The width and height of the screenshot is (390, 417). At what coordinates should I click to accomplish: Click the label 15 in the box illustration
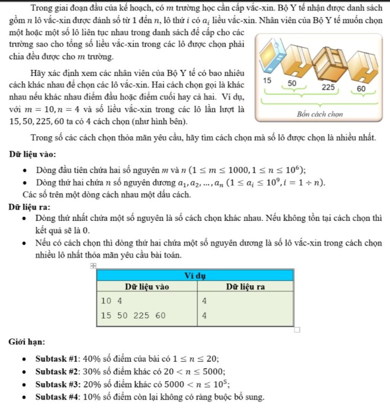coord(267,81)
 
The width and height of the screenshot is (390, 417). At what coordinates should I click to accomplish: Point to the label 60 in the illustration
coord(361,89)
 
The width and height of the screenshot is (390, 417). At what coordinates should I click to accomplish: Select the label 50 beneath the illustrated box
coord(292,83)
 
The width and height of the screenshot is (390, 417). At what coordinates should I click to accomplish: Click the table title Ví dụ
coord(195,275)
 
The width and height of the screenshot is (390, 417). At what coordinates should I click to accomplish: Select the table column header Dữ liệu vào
coord(147,286)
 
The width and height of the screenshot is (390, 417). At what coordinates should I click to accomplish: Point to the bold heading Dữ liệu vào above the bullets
coord(33,154)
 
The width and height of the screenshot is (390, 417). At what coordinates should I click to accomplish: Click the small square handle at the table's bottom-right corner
coord(297,329)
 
